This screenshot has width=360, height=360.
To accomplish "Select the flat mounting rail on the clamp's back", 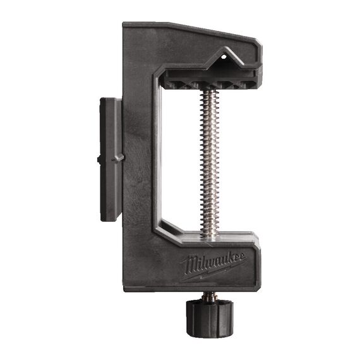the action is pos(111,159).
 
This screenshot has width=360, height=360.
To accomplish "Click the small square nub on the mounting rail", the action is pos(99,159).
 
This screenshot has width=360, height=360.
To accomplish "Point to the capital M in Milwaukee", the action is pos(189,266).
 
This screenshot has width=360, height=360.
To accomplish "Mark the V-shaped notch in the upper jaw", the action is pos(225,59).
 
